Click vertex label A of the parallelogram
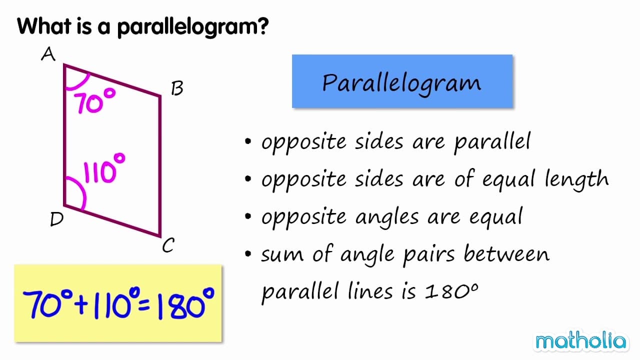[x=48, y=54]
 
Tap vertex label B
[x=177, y=88]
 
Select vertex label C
[x=168, y=245]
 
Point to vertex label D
[x=56, y=219]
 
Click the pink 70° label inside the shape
[x=95, y=101]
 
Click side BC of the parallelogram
[x=160, y=165]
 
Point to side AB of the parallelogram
[x=112, y=80]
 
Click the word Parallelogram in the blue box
[x=401, y=82]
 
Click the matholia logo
[x=580, y=341]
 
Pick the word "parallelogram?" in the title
[x=193, y=26]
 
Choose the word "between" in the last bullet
[x=506, y=254]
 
